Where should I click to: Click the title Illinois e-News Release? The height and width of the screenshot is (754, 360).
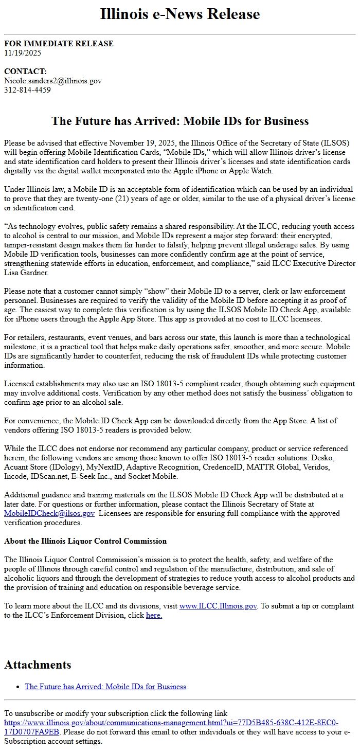pyautogui.click(x=180, y=14)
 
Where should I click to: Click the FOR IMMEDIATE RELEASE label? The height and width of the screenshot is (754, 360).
pyautogui.click(x=59, y=44)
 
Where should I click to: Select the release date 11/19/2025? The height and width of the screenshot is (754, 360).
pyautogui.click(x=23, y=52)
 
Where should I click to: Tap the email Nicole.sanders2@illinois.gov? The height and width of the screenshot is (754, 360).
pyautogui.click(x=53, y=81)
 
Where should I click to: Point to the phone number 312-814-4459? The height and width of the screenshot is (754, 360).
pyautogui.click(x=27, y=90)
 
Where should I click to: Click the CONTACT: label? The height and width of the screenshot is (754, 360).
pyautogui.click(x=25, y=71)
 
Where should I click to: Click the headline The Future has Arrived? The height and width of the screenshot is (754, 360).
pyautogui.click(x=180, y=121)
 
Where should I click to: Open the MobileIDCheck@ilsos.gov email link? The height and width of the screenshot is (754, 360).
pyautogui.click(x=49, y=513)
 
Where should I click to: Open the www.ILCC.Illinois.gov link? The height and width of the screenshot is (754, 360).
pyautogui.click(x=218, y=606)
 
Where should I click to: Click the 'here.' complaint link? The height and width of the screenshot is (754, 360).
pyautogui.click(x=154, y=615)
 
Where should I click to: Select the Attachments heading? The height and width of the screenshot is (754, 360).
pyautogui.click(x=38, y=665)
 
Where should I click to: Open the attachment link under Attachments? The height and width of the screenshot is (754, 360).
pyautogui.click(x=105, y=687)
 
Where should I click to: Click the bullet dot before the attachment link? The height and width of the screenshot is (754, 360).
pyautogui.click(x=19, y=687)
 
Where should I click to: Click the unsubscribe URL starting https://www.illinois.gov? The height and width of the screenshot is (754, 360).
pyautogui.click(x=171, y=723)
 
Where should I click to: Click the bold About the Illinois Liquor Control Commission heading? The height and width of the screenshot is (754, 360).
pyautogui.click(x=85, y=541)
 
